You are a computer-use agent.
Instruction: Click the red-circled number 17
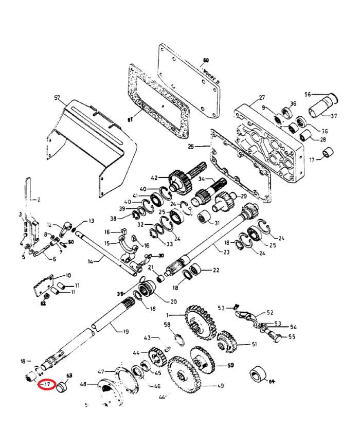[47, 384]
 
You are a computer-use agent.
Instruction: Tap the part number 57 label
[57, 97]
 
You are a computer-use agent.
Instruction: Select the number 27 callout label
[262, 98]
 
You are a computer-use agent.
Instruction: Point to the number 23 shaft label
[226, 252]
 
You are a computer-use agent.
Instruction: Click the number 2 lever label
[37, 199]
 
